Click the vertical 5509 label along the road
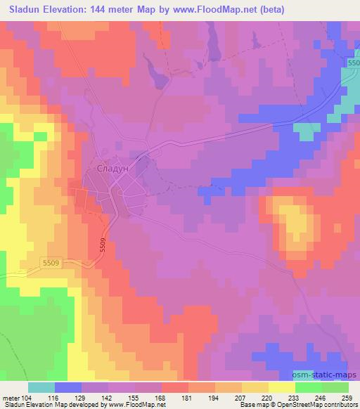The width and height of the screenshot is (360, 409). (103, 246)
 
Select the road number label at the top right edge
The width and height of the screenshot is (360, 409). (353, 65)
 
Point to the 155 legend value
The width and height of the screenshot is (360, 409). (133, 398)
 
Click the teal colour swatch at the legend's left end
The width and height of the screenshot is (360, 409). (41, 387)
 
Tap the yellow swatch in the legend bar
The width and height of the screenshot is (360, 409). (282, 387)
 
